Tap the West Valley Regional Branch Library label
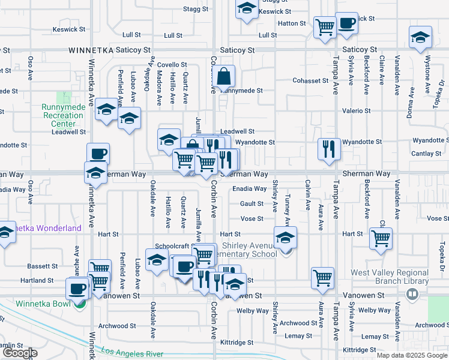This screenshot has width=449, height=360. coord(390,276)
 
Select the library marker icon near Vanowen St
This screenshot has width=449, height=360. coord(412,294)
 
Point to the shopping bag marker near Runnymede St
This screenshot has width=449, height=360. coord(223,77)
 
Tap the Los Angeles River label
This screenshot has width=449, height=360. coord(131,353)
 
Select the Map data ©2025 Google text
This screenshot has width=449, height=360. coord(411,355)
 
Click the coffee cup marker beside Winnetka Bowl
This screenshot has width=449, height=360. coord(77,289)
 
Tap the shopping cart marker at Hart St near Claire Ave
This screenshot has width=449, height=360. coord(381,238)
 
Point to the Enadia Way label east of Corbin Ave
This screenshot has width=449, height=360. coord(249,188)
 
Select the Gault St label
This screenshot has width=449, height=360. coord(252,204)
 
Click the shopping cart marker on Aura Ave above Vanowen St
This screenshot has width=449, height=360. coord(323,278)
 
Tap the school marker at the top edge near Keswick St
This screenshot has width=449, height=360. coord(246,9)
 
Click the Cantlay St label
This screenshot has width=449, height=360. coord(427,154)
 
